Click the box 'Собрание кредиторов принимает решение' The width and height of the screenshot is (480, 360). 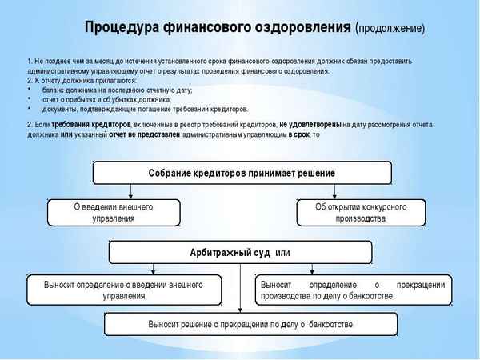(242, 173)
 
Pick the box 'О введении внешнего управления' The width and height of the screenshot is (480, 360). (114, 212)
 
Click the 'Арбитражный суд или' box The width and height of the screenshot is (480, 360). (241, 253)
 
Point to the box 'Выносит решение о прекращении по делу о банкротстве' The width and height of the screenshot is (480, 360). (250, 324)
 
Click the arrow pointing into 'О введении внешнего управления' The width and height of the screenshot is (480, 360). (131, 194)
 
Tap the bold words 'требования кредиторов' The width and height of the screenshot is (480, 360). (97, 125)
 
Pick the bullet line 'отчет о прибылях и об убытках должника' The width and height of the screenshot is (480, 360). (106, 99)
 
